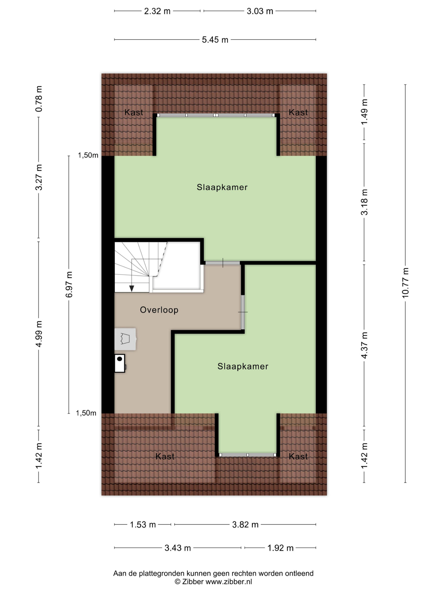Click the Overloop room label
pyautogui.click(x=159, y=310)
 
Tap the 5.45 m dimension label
pyautogui.click(x=215, y=40)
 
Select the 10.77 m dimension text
pyautogui.click(x=405, y=283)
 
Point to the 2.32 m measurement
pyautogui.click(x=157, y=11)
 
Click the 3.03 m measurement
pyautogui.click(x=260, y=11)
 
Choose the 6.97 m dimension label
pyautogui.click(x=69, y=284)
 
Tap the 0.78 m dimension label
pyautogui.click(x=39, y=99)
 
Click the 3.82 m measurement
pyautogui.click(x=245, y=524)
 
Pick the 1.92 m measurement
pyautogui.click(x=281, y=548)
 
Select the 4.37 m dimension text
pyautogui.click(x=364, y=345)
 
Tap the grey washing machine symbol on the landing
pyautogui.click(x=125, y=339)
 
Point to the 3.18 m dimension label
pyautogui.click(x=364, y=202)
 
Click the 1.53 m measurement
pyautogui.click(x=143, y=524)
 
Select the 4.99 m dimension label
pyautogui.click(x=39, y=334)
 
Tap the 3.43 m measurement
pyautogui.click(x=177, y=548)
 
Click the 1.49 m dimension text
pyautogui.click(x=364, y=112)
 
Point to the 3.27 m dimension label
pyautogui.click(x=39, y=177)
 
